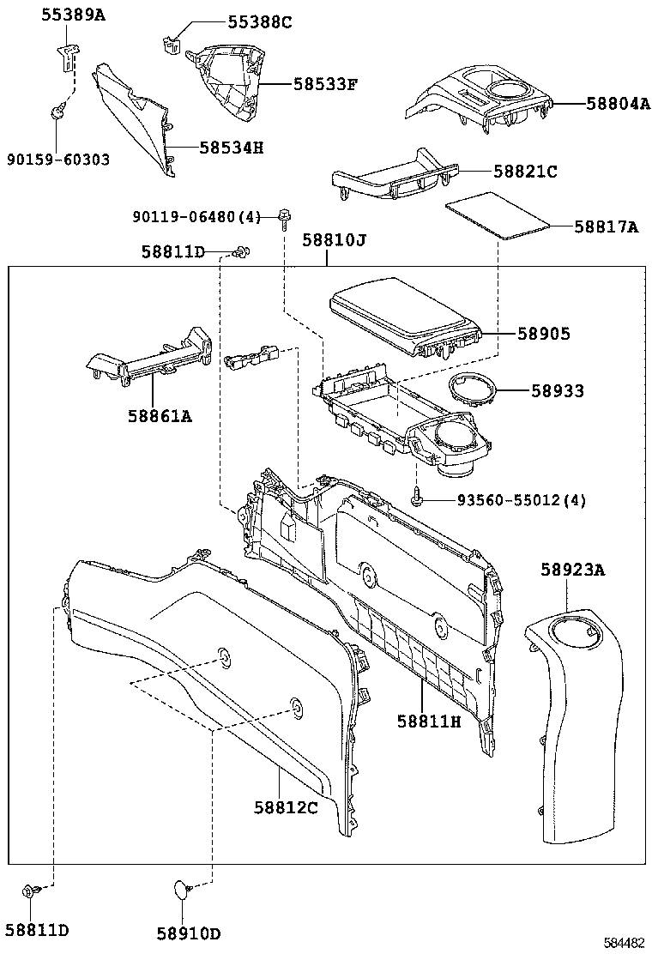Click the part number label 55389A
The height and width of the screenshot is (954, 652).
(74, 15)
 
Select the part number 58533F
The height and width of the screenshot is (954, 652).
(324, 84)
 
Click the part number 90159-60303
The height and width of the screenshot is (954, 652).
(57, 160)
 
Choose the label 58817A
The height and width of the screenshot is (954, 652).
(606, 226)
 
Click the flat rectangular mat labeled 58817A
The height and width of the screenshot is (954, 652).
(497, 217)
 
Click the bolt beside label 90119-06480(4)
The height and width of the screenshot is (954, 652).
(282, 215)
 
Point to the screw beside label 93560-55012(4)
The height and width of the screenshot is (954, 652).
(416, 497)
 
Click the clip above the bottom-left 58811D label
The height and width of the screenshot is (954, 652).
(30, 891)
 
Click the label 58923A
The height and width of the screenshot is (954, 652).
(572, 570)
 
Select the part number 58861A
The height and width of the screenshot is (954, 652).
(160, 416)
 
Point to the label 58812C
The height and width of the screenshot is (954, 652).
(286, 807)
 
